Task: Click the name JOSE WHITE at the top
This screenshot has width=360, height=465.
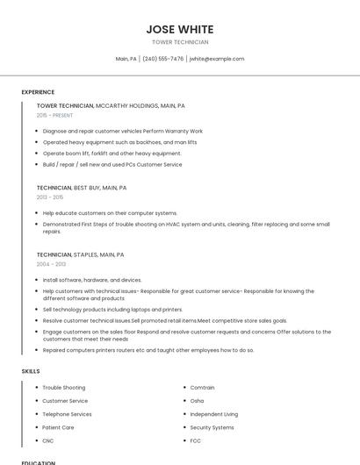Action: pos(180,29)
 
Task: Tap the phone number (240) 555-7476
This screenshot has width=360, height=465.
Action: pos(162,59)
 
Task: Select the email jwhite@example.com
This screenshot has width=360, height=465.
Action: pos(217,59)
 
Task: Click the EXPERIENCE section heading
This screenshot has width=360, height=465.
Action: pos(38,92)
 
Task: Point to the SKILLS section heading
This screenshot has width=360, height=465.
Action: pos(31,371)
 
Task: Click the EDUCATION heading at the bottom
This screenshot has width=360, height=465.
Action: pos(39,462)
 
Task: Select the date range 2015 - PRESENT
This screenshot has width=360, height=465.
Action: pos(54,115)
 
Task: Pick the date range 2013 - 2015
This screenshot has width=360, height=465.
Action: pos(50,197)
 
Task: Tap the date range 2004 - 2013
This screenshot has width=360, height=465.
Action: pos(51,264)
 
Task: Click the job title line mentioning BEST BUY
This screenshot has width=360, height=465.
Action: pos(82,188)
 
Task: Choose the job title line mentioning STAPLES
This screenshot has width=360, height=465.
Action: pos(80,254)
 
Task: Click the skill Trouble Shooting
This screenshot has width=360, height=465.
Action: pos(64,388)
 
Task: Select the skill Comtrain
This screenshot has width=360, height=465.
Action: pos(203,388)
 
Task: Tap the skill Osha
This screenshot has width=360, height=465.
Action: pos(197,401)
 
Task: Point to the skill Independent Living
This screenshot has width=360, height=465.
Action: pos(213,414)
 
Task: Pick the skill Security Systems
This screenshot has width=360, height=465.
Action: pos(212,427)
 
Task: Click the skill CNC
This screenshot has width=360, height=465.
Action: pos(48,440)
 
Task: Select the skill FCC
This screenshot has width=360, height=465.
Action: pos(196,440)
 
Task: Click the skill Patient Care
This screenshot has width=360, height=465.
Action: pos(58,427)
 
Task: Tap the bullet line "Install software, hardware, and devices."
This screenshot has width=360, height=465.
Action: pos(92,280)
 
